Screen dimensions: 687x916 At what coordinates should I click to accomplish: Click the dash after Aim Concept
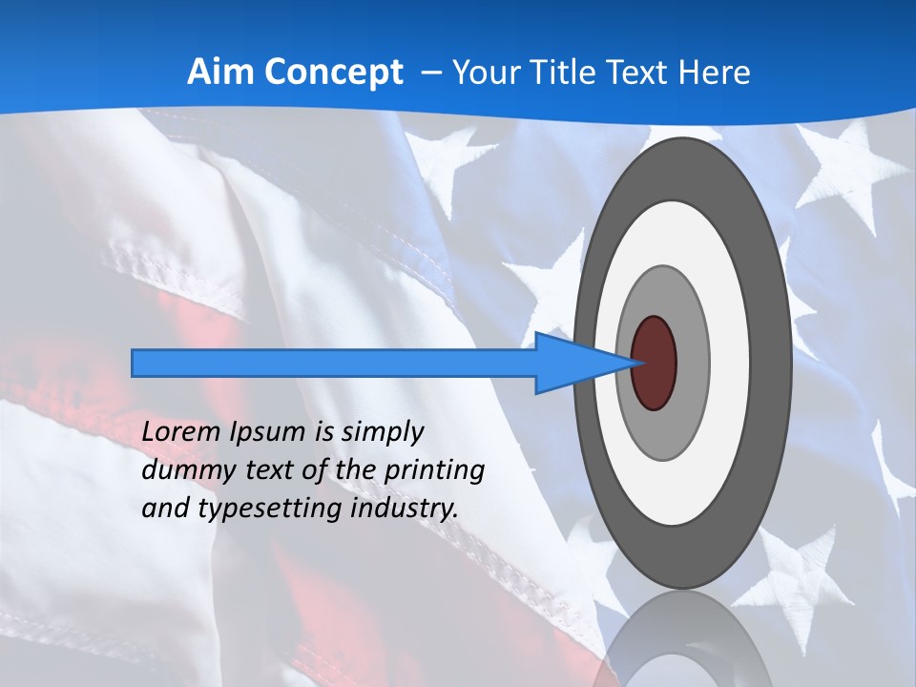pos(429,73)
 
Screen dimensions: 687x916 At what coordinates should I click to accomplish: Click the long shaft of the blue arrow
pos(334,363)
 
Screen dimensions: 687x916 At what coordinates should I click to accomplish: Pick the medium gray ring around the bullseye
pos(692,363)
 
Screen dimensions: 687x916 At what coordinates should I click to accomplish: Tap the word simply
pos(383,432)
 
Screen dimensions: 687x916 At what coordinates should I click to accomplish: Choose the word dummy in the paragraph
pos(181,469)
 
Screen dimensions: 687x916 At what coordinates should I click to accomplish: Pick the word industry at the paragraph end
pos(405,508)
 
